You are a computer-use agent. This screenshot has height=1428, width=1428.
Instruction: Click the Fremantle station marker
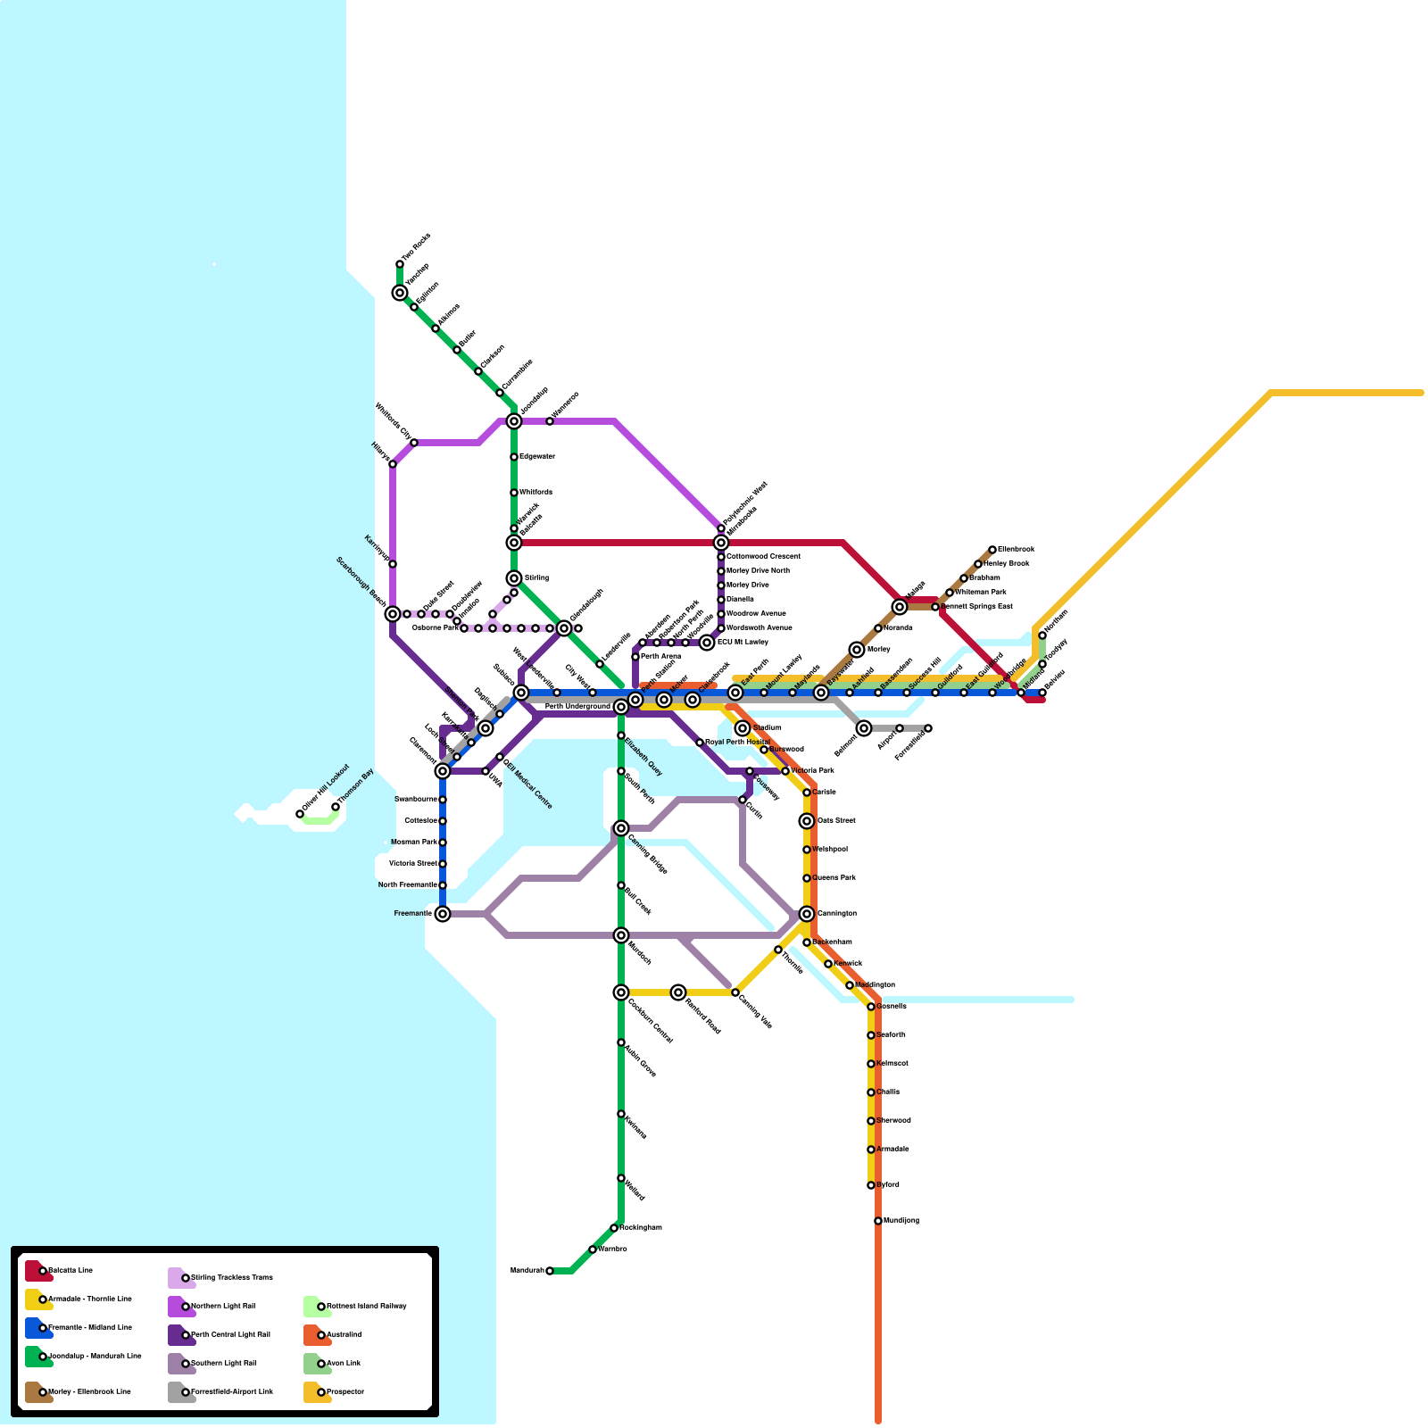click(443, 914)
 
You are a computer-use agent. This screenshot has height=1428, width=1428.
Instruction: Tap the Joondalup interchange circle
click(514, 421)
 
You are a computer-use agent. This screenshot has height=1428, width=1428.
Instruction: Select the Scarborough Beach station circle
click(393, 614)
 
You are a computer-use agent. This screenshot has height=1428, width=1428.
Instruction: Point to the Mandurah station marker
click(550, 1271)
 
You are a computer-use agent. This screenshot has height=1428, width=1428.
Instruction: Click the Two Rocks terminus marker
click(400, 264)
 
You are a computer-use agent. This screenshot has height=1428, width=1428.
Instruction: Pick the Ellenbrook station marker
click(992, 550)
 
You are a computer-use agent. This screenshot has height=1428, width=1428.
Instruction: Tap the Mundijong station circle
click(878, 1221)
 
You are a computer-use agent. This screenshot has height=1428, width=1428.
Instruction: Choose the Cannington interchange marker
click(807, 914)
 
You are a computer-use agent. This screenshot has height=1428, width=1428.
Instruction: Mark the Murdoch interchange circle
click(621, 935)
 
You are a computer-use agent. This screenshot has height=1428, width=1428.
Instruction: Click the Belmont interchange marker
click(864, 728)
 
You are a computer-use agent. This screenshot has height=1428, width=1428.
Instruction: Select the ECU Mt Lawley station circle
click(707, 643)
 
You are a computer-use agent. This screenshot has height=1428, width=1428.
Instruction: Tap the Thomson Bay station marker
click(336, 807)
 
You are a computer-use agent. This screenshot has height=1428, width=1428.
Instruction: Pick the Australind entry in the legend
click(344, 1335)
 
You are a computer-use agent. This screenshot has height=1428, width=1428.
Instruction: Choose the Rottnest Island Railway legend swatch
click(316, 1307)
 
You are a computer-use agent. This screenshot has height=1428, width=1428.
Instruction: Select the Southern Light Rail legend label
click(223, 1364)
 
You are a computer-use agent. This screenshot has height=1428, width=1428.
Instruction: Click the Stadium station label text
click(768, 728)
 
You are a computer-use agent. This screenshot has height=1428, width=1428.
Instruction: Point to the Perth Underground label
click(577, 707)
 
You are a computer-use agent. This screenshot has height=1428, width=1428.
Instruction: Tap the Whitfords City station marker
click(414, 443)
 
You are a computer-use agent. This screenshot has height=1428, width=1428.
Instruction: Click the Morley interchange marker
click(857, 650)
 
